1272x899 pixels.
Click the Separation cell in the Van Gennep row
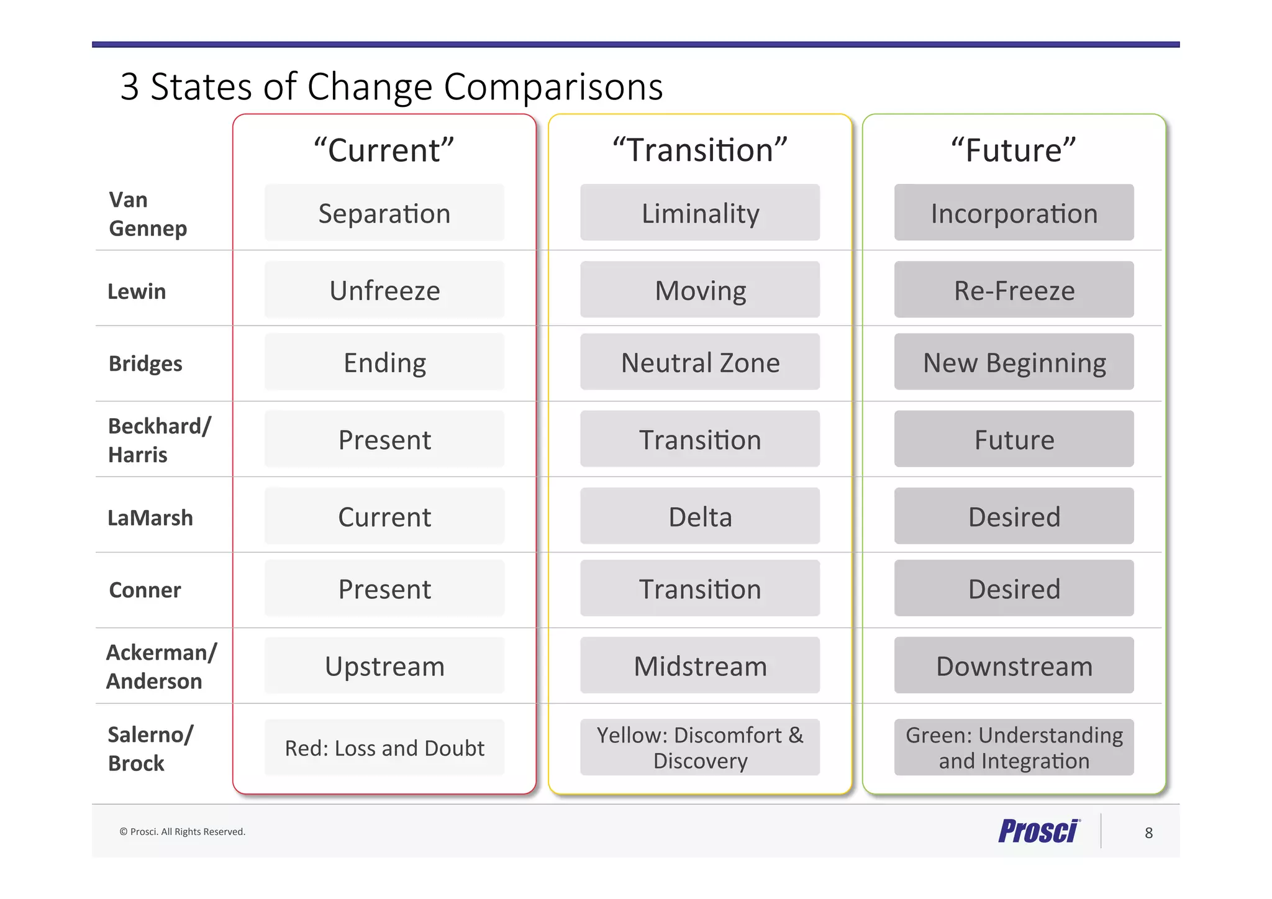384,213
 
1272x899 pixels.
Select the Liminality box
700,213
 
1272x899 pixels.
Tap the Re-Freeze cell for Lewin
1014,290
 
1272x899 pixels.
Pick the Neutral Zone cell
700,362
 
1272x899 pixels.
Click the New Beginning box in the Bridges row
1014,362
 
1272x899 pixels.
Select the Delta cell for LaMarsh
700,516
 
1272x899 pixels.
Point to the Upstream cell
384,665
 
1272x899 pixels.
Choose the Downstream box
1014,665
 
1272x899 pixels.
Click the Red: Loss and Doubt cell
384,747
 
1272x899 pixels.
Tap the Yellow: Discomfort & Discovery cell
700,747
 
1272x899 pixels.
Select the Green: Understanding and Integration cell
1014,747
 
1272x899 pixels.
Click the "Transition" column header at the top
700,150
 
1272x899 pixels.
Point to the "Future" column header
1014,150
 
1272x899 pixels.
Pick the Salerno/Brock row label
150,749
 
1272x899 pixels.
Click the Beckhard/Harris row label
159,440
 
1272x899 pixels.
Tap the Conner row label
145,590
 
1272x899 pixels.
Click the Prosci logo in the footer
1039,831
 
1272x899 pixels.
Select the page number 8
1148,833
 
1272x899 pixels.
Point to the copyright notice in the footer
182,831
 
